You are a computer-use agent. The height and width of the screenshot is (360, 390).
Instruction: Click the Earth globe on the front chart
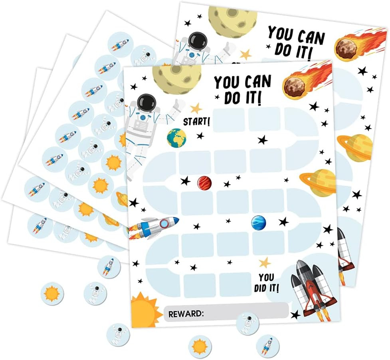[x=176, y=137]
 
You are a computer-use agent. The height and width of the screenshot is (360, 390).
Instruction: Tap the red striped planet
[x=204, y=183]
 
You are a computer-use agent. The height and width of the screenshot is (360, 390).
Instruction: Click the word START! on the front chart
[x=196, y=121]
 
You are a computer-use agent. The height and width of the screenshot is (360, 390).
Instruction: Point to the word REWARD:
[x=186, y=314]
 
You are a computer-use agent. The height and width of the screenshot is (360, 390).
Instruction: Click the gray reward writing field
[x=245, y=310]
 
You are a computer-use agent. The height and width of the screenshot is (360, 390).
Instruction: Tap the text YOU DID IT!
[x=266, y=282]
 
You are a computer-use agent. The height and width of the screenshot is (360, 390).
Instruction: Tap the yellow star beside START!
[x=196, y=107]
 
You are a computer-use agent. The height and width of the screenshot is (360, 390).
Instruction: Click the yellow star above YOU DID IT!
[x=264, y=262]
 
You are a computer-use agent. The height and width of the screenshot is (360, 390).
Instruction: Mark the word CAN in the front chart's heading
[x=257, y=82]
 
